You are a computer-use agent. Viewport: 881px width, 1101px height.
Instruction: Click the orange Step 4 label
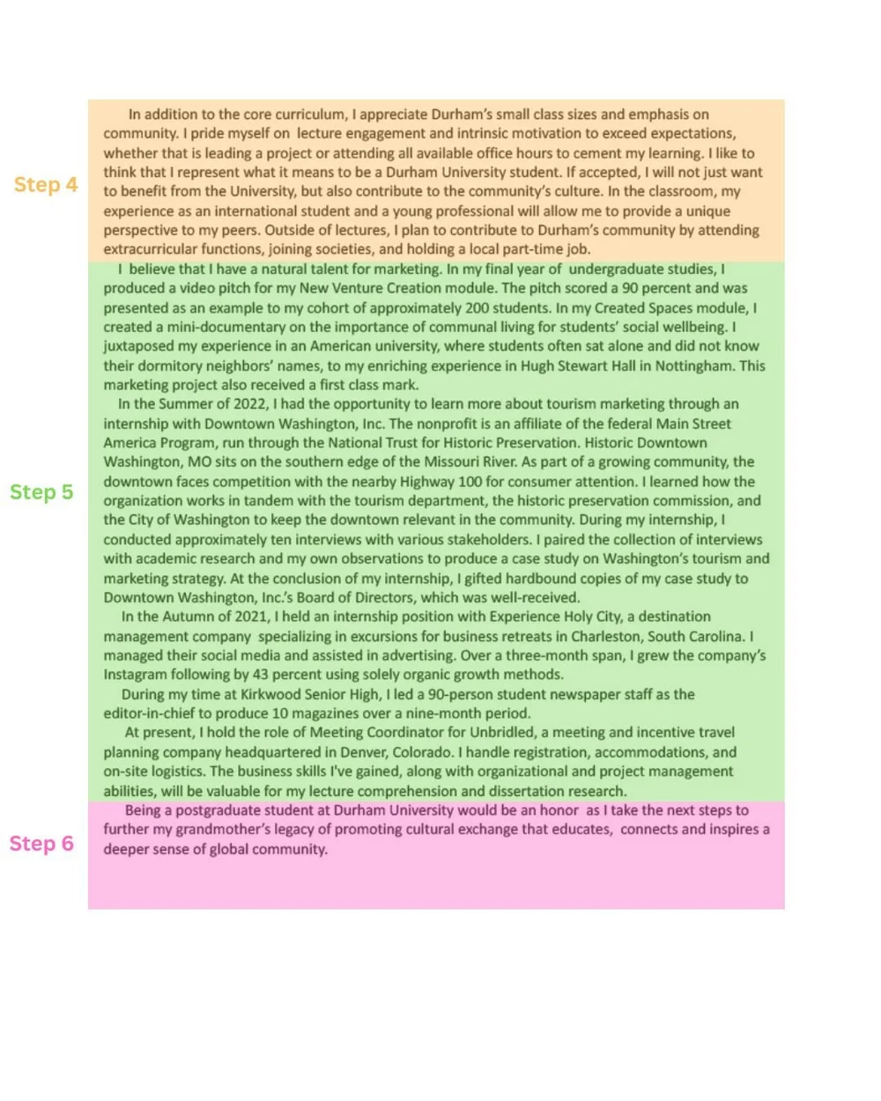(46, 185)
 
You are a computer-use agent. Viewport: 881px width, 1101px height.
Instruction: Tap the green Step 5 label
(41, 492)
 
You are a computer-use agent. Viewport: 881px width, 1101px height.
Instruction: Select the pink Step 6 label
(41, 844)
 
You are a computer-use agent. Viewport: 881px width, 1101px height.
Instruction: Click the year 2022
(251, 404)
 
